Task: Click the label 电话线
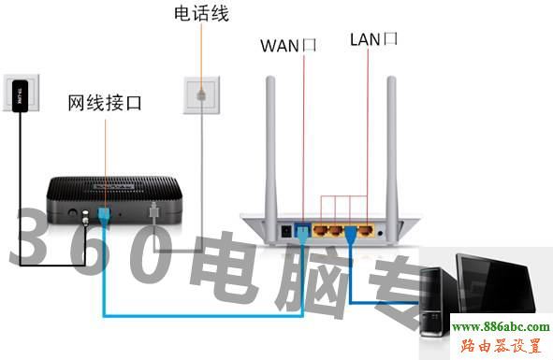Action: point(201,14)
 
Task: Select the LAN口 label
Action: point(373,39)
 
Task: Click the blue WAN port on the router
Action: point(301,227)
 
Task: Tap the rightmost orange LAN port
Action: point(368,227)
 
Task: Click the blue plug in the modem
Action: point(102,216)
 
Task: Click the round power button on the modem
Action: point(73,214)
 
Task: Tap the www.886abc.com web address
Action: point(501,327)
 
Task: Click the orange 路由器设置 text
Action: point(502,346)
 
